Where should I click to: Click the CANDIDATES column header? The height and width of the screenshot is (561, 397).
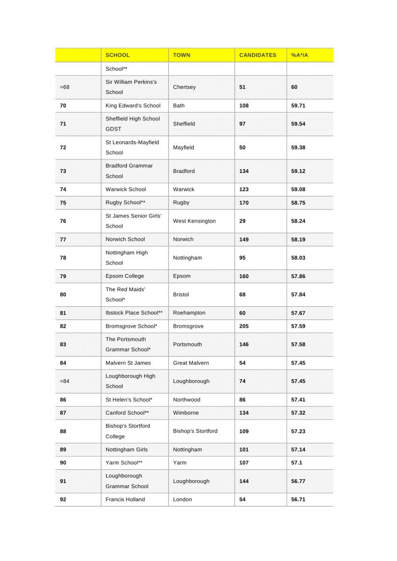click(258, 55)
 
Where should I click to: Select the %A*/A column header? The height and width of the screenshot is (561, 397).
click(299, 55)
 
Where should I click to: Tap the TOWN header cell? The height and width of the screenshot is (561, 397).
click(181, 55)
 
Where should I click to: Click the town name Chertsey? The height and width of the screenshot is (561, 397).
click(184, 87)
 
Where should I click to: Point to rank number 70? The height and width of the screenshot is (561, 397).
click(63, 106)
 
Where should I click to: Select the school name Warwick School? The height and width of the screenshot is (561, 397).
click(125, 189)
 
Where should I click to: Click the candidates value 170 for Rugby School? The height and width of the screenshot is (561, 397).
click(244, 203)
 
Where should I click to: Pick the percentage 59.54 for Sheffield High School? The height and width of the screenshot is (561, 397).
click(298, 124)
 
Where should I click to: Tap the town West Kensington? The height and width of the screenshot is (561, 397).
click(194, 221)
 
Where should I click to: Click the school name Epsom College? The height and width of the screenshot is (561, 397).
click(124, 276)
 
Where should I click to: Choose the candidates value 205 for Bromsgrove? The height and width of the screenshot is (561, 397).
click(244, 326)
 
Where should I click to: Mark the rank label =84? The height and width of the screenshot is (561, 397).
click(65, 381)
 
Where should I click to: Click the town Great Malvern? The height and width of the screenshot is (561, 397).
click(191, 363)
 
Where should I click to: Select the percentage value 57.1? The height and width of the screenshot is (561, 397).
click(296, 463)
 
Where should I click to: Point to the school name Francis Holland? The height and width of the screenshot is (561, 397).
click(125, 499)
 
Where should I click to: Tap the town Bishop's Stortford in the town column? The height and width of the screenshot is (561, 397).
click(195, 431)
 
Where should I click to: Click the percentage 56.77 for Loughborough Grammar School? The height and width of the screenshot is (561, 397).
click(298, 481)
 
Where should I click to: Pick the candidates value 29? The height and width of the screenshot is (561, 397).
click(242, 221)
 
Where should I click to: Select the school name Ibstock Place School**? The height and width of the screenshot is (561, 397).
click(134, 313)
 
